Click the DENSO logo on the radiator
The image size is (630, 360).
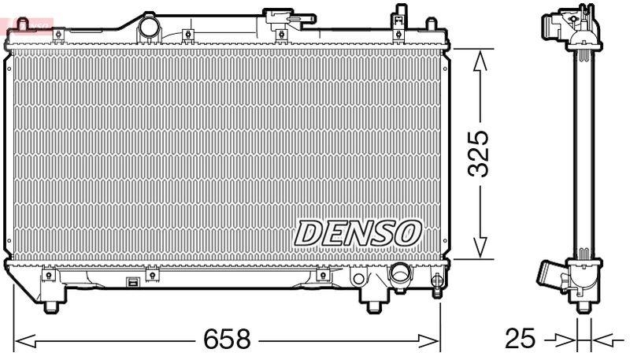[x=358, y=232]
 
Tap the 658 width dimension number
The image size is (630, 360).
[x=227, y=340]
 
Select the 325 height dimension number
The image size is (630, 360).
[x=480, y=152]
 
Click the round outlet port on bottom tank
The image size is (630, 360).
[x=401, y=276]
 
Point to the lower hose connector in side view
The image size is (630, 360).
[x=551, y=278]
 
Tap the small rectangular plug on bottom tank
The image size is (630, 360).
[x=133, y=283]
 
